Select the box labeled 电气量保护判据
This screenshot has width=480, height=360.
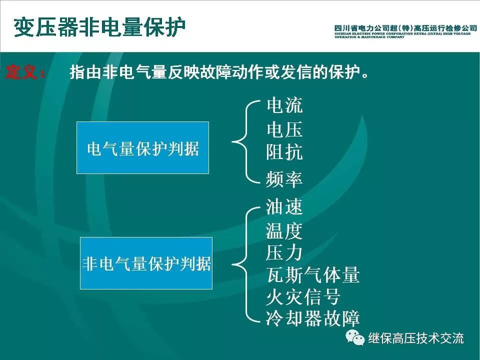[142, 148]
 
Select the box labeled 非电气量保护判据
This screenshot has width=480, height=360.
[146, 263]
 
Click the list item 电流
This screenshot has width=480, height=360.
[284, 106]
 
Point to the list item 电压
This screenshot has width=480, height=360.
[284, 130]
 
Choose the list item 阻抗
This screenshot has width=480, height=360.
[284, 152]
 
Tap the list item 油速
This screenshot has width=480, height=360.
[284, 207]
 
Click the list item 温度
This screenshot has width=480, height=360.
[284, 231]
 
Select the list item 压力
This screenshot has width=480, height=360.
[284, 252]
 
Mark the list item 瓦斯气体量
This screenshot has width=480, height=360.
[312, 275]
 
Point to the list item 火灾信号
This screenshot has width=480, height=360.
[303, 297]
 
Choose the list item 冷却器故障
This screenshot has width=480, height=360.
[312, 318]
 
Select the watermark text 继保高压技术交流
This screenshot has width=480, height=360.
[416, 338]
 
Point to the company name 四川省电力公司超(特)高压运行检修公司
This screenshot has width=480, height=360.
[405, 28]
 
